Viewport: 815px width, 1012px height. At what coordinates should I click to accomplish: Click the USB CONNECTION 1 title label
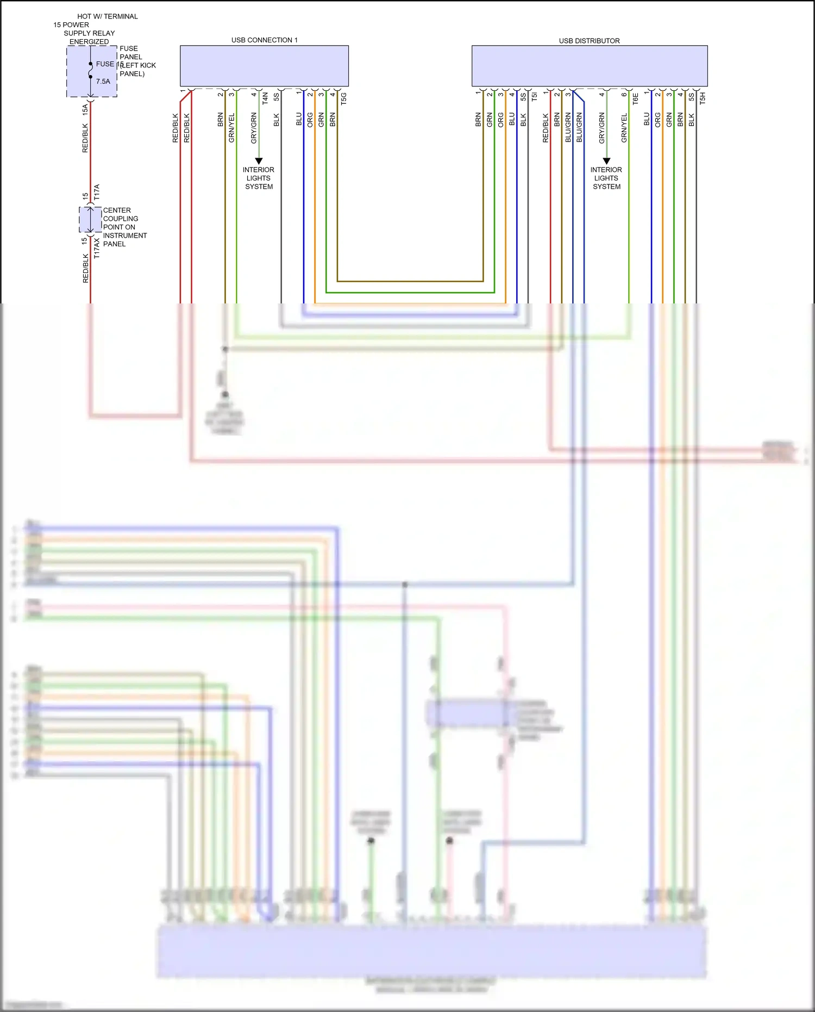pos(264,40)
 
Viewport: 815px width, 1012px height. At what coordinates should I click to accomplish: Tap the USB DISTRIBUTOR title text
pos(589,41)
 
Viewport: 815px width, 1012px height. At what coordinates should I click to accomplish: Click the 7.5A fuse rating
pos(103,82)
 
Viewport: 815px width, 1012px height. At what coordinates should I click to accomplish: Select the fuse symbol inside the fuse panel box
pos(91,71)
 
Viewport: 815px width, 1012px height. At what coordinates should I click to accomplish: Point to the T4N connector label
pos(265,98)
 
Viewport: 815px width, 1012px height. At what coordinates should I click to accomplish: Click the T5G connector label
pos(343,98)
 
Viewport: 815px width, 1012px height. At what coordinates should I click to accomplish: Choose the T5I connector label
pos(534,97)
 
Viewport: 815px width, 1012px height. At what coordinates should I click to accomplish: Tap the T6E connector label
pos(635,98)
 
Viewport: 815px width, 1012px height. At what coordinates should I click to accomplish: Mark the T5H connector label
pos(703,98)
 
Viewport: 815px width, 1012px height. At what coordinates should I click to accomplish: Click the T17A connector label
pos(97,192)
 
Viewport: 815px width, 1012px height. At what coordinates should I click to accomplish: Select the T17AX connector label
pos(97,247)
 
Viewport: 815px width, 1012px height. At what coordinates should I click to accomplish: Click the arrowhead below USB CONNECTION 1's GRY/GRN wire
pos(259,161)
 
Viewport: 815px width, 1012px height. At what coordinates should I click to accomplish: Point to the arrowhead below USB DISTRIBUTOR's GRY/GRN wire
pos(606,161)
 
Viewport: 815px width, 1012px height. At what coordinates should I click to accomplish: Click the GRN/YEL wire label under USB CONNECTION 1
pos(231,128)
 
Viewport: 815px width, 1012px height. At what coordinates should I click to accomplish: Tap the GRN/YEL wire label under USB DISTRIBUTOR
pos(624,128)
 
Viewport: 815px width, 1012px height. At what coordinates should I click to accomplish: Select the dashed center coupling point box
pos(90,220)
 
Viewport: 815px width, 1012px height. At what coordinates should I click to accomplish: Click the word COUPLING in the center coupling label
pos(121,219)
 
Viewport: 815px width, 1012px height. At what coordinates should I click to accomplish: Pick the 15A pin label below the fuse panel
pos(85,109)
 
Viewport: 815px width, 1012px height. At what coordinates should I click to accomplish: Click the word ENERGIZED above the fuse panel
pos(89,42)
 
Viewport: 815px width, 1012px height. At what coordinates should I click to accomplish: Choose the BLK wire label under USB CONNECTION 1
pos(276,120)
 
